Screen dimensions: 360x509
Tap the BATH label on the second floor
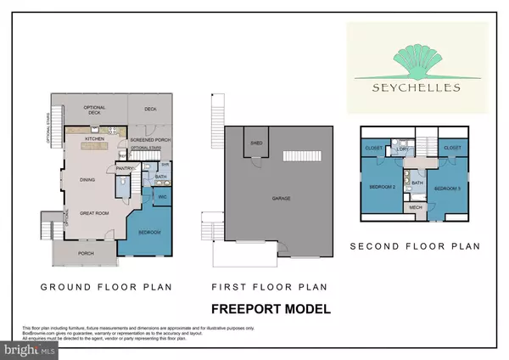click(417, 182)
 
